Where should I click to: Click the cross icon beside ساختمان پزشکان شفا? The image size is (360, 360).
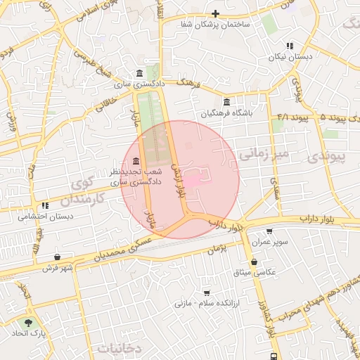click(x=216, y=13)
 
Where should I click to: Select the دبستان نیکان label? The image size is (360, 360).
click(x=290, y=57)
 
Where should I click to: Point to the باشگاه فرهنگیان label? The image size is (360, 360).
click(x=226, y=112)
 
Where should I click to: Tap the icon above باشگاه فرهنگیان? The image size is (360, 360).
click(x=226, y=102)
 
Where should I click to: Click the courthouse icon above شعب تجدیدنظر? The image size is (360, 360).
click(x=135, y=161)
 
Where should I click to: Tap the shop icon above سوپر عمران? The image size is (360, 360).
click(x=270, y=231)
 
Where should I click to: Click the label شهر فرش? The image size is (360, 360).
click(x=57, y=268)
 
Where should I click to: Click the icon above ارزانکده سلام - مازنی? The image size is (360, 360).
click(x=206, y=292)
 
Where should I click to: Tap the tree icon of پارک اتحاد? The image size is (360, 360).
click(x=28, y=323)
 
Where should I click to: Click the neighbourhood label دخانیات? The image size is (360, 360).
click(x=120, y=347)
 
